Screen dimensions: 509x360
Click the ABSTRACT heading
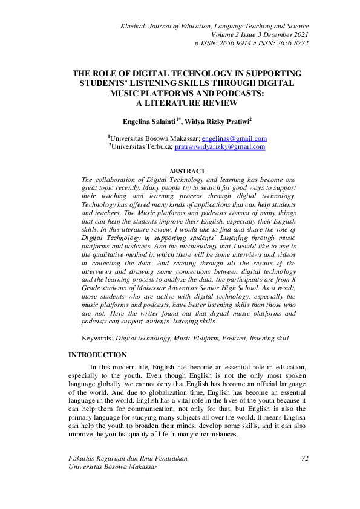(x=188, y=172)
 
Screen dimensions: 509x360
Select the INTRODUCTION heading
(x=97, y=355)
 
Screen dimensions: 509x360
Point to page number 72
(x=305, y=459)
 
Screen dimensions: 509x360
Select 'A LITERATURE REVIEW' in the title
(x=187, y=103)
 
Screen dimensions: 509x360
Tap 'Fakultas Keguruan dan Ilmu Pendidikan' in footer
(x=128, y=459)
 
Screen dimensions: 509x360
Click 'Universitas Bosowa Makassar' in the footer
(x=111, y=467)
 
